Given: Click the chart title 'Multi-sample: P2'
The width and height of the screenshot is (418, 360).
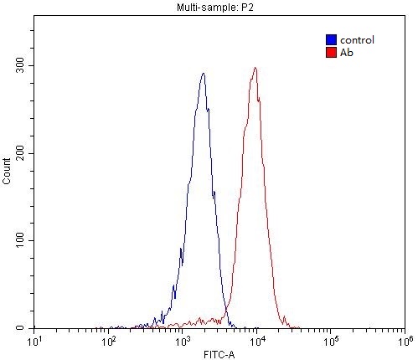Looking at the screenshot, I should [219, 8].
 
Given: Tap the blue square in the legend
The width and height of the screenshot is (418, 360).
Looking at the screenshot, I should [331, 39].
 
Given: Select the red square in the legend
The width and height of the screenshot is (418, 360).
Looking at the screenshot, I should [331, 52].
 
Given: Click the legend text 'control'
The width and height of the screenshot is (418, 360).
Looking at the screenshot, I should [356, 39].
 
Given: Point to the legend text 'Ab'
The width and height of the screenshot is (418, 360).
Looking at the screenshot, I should [345, 52].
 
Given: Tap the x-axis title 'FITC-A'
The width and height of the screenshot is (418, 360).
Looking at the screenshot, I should [219, 352].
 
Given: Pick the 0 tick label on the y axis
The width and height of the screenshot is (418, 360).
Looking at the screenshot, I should [25, 328].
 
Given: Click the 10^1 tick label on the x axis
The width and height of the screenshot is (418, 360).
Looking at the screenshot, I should [34, 341].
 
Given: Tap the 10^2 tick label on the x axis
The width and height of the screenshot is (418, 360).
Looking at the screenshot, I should [108, 341].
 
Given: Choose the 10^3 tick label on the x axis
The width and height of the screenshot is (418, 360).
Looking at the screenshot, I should [182, 341].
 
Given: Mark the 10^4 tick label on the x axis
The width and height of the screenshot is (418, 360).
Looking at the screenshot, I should [256, 341].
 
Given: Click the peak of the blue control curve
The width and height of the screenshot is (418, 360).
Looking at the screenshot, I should [204, 73].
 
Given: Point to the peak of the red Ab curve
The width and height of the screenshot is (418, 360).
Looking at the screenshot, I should [255, 68].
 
